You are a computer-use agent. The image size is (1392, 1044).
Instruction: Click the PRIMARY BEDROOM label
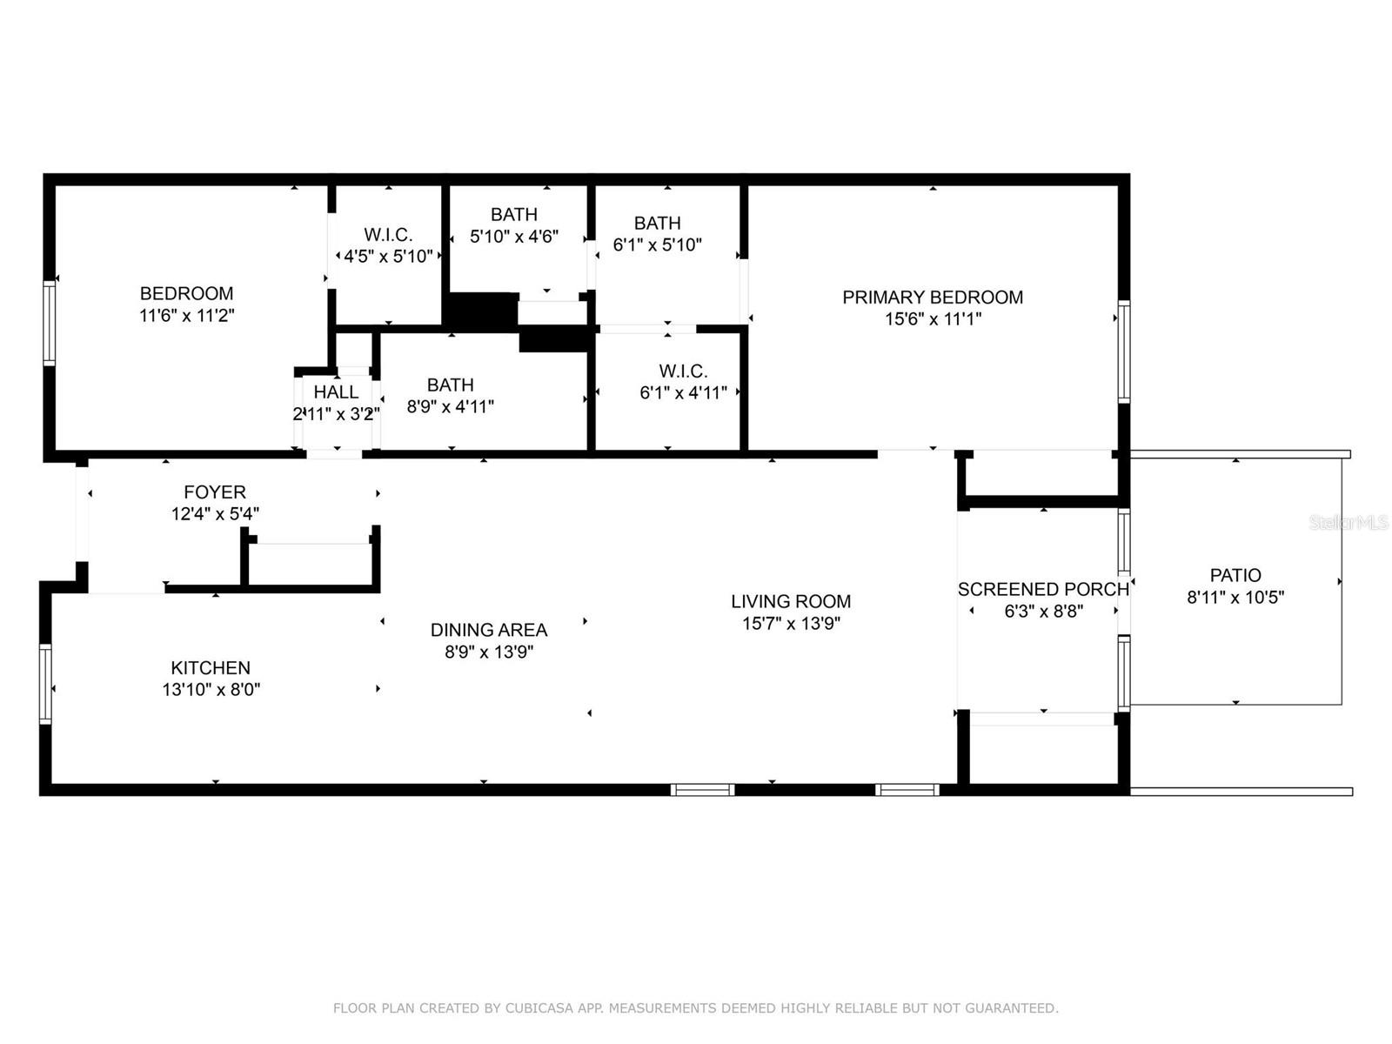click(933, 298)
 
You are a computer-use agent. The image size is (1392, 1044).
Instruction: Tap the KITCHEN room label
click(211, 667)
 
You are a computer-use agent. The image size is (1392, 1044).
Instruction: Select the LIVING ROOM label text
click(791, 601)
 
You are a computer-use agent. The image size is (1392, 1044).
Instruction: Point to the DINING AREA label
click(488, 629)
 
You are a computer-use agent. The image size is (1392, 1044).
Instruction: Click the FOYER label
click(215, 492)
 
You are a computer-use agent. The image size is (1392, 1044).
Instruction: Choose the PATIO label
click(1235, 575)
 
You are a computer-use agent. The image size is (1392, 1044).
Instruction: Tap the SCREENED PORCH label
click(1043, 589)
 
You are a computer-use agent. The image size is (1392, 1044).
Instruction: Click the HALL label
click(336, 391)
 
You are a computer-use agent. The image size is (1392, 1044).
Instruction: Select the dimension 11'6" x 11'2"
click(187, 315)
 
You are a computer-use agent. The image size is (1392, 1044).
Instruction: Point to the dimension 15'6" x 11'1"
click(933, 318)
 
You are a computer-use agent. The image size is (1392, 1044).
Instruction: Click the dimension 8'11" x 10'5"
click(1235, 597)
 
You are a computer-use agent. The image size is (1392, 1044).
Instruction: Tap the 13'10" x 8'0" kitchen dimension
click(211, 689)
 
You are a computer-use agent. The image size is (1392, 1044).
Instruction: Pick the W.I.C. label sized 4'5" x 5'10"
click(388, 235)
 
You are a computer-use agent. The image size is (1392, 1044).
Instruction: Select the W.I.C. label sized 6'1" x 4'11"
click(683, 371)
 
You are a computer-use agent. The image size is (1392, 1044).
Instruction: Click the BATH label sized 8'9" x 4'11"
click(451, 385)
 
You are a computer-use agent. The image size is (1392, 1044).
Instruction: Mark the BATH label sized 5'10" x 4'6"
click(513, 214)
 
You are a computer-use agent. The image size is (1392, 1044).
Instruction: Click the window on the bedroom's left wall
click(50, 324)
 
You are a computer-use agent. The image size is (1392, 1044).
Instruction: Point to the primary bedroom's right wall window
click(1124, 351)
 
